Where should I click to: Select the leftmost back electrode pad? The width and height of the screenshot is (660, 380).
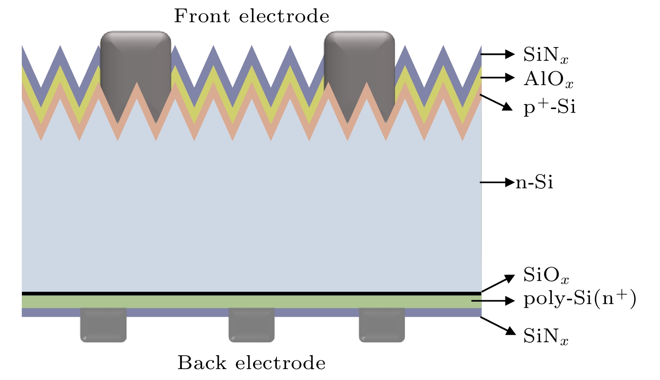pos(103,325)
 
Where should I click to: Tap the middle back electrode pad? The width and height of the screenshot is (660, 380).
pos(251,325)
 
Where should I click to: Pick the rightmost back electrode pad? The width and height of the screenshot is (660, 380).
pos(382,325)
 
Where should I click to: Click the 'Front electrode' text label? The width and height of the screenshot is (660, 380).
pos(251,16)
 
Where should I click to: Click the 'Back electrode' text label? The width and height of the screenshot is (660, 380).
pos(251,363)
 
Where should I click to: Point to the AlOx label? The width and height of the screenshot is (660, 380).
pos(548,79)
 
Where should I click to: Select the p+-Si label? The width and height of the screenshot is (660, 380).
pos(549,107)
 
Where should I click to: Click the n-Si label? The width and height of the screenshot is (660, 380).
pos(534,182)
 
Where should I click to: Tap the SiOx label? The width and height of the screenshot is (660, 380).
pos(546,275)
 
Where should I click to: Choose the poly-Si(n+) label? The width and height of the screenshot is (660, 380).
pos(580,299)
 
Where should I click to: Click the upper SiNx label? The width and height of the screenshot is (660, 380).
pos(546,55)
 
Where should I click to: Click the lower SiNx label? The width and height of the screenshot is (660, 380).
pos(546,336)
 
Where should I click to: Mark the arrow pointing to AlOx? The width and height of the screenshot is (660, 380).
pos(497,78)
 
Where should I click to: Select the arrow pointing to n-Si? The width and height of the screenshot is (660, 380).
pos(497,182)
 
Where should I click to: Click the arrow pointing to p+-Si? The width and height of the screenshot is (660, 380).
pos(496,102)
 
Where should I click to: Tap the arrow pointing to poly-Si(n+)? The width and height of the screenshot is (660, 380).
pos(493,301)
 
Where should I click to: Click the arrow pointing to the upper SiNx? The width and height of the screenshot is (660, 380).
pos(497,54)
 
